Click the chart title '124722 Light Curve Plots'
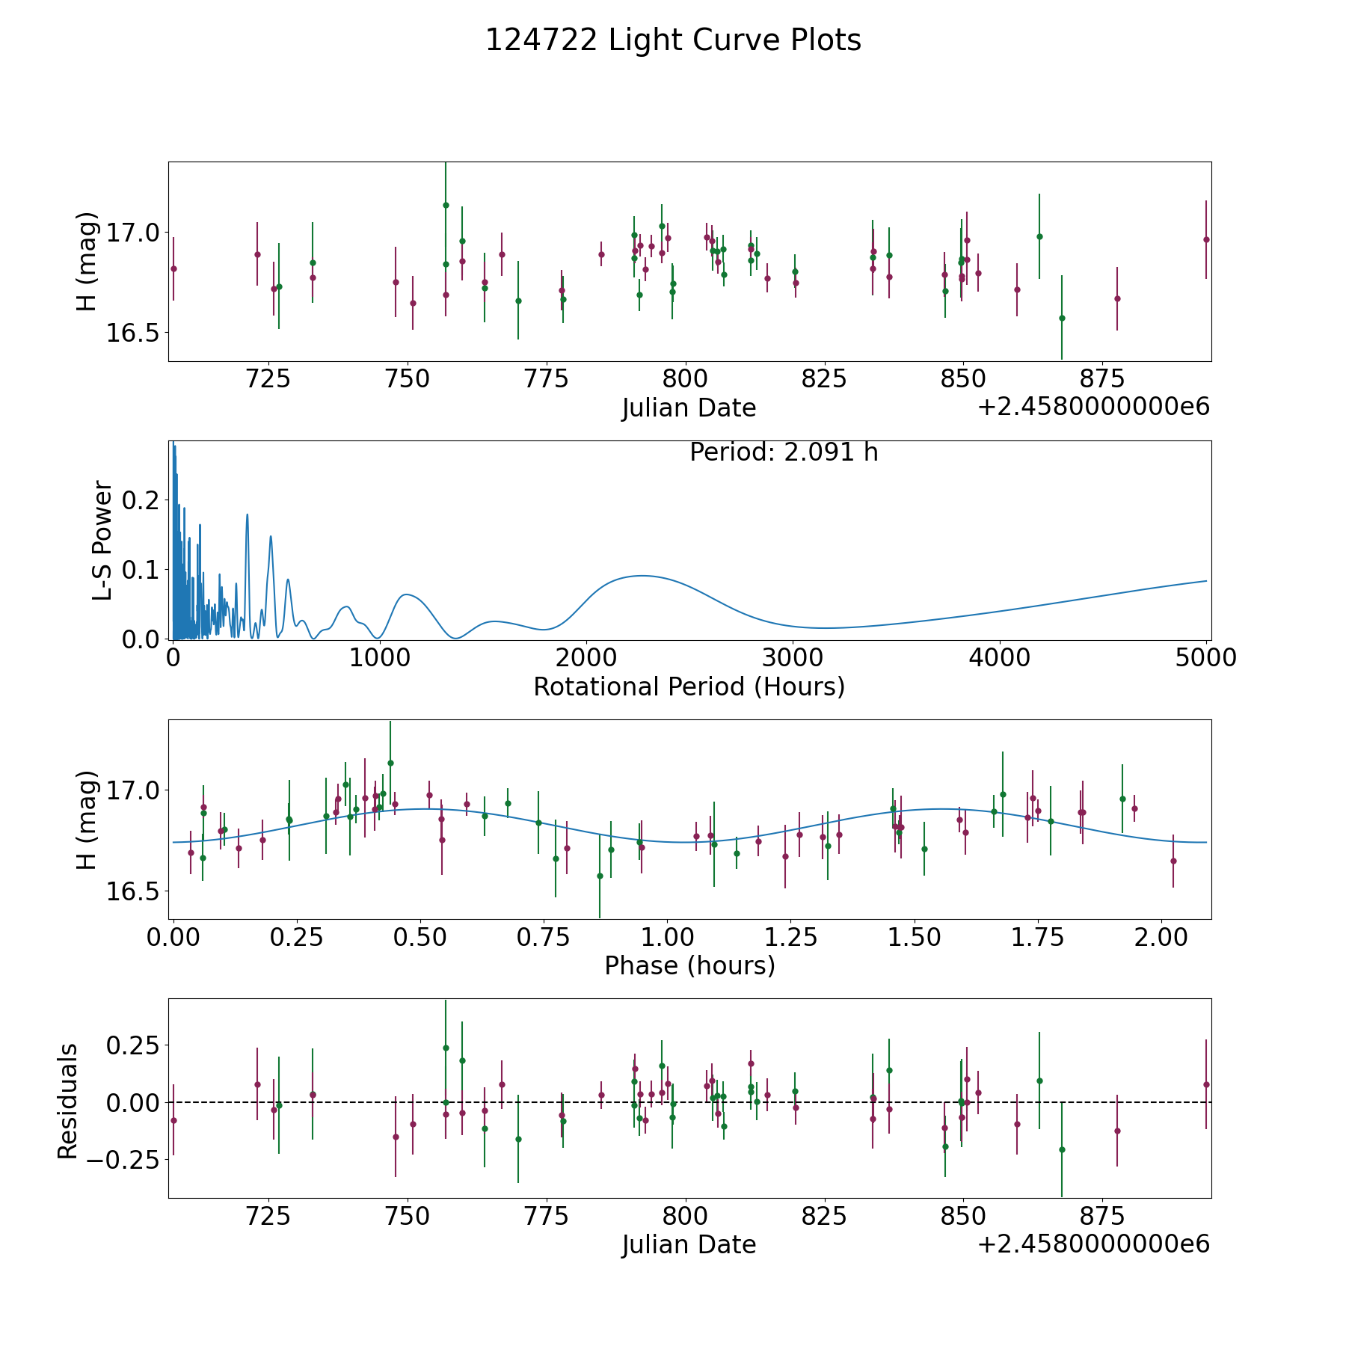[x=673, y=40]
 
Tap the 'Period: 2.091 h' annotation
[x=784, y=452]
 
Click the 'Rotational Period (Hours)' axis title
[x=689, y=686]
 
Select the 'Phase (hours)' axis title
[x=689, y=965]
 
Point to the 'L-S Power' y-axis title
[x=102, y=540]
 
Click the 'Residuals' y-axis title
[x=68, y=1101]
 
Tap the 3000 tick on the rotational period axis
[x=792, y=658]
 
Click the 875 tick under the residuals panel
[x=1102, y=1217]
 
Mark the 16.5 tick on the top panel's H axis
[x=132, y=333]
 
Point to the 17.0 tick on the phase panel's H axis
[x=132, y=790]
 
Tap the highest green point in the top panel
[x=446, y=205]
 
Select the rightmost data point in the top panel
[x=1206, y=239]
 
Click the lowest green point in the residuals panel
[x=1062, y=1149]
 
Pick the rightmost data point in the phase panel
[x=1173, y=861]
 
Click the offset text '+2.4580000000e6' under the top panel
[x=1093, y=408]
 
